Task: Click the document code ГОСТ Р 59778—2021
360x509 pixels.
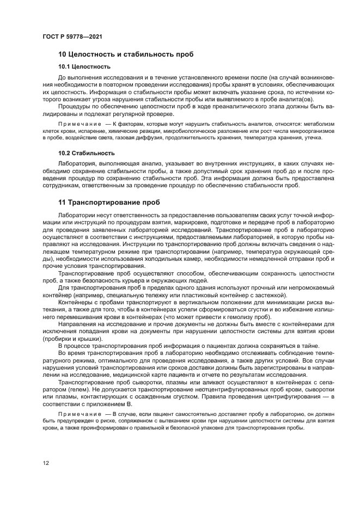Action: pos(72,36)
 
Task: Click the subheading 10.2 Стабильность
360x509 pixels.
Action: pos(86,152)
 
